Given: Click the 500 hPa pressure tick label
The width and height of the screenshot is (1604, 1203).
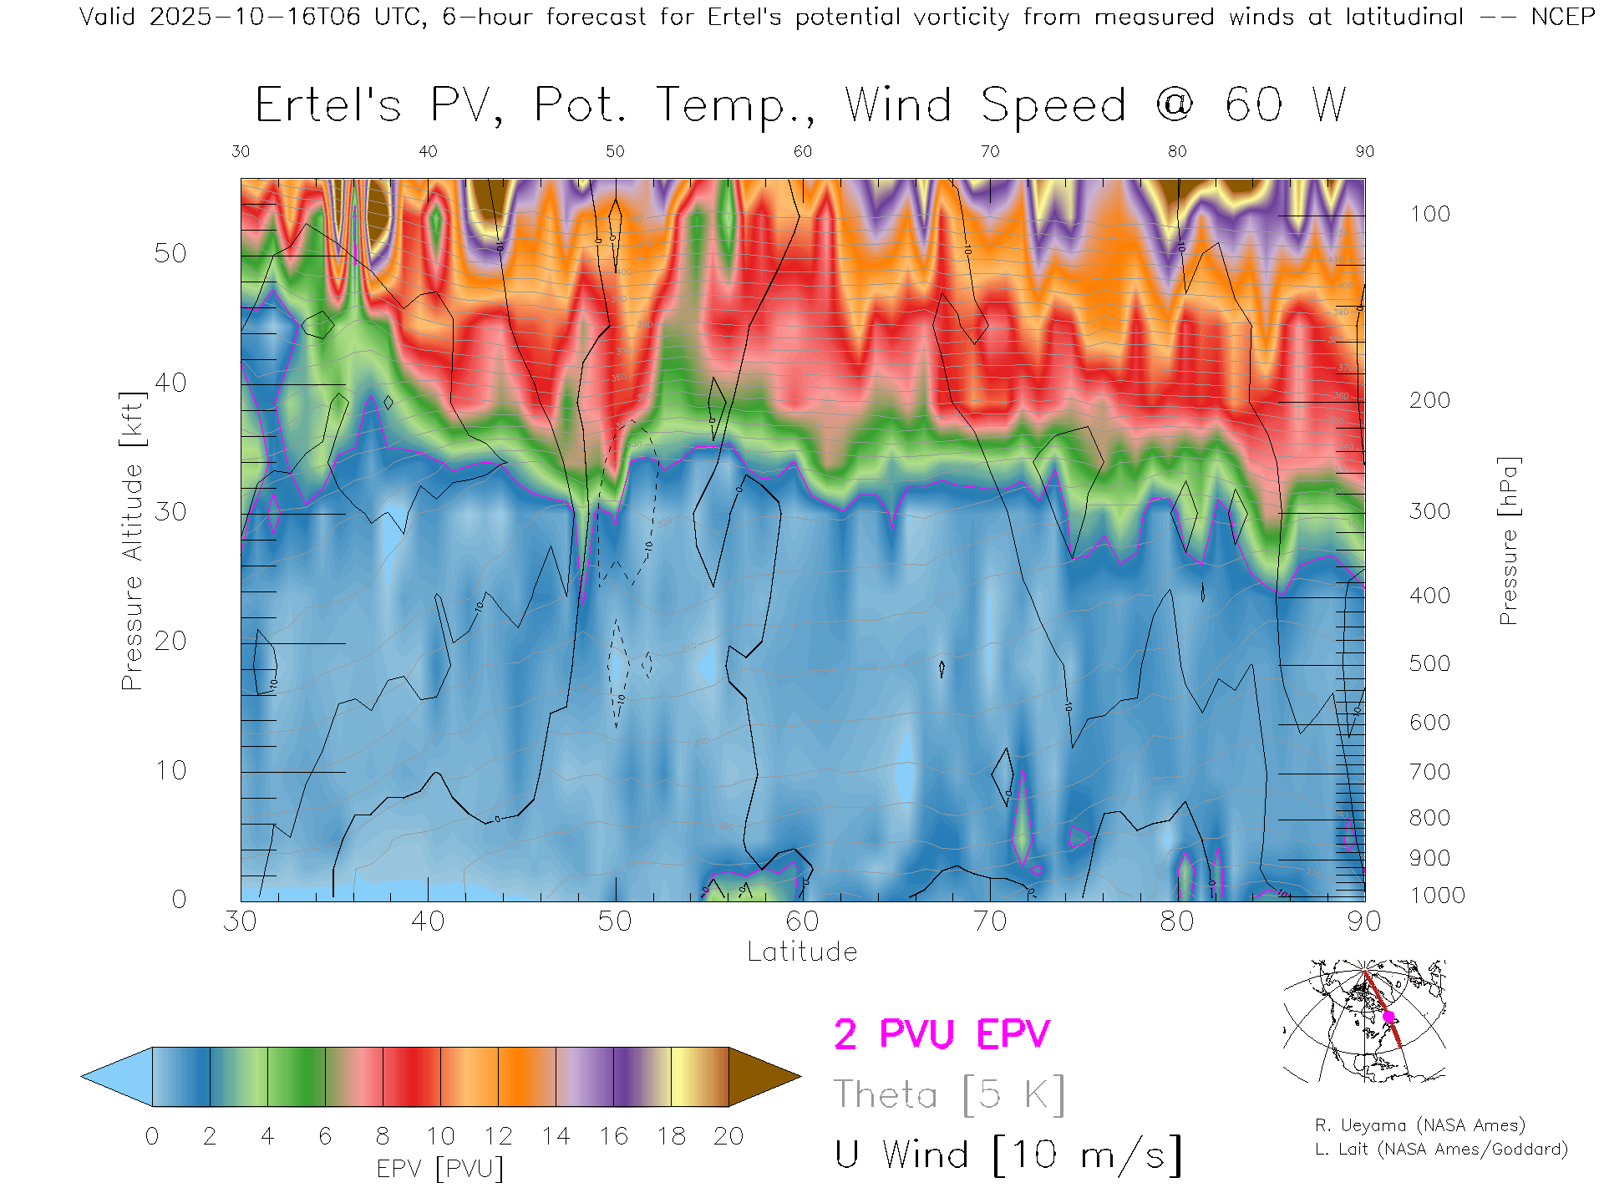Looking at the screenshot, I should [x=1429, y=663].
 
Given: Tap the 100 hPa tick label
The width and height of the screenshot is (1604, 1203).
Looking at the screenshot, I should [x=1429, y=214].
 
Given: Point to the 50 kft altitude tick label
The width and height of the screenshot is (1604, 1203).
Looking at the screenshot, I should [x=170, y=253].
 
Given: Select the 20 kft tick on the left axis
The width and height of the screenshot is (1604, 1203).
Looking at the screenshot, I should [x=170, y=641].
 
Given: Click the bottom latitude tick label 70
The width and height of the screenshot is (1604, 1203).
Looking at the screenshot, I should [x=989, y=921].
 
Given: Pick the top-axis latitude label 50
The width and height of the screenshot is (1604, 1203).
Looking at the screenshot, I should [x=615, y=151].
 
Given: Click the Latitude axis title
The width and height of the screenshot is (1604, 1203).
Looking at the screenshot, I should [x=802, y=952].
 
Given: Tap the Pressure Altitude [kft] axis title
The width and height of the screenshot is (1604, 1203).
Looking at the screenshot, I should [x=132, y=541].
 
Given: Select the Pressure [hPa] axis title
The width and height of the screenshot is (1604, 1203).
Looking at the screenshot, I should [x=1508, y=541].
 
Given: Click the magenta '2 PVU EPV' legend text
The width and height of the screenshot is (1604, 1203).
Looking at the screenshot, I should [x=942, y=1034].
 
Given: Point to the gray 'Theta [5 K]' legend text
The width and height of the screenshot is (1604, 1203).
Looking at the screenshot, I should [x=949, y=1094].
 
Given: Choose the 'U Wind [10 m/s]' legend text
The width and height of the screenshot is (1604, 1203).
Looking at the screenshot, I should [x=1008, y=1155].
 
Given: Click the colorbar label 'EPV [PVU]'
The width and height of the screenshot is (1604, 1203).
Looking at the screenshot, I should [x=440, y=1168].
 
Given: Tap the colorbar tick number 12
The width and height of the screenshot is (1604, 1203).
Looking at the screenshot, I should [x=498, y=1136].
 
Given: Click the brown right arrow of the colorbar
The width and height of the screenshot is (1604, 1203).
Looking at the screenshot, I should [x=762, y=1077].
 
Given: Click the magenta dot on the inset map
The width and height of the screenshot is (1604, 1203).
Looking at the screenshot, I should [x=1388, y=1017].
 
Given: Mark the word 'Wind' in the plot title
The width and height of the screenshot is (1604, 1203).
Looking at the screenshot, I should [x=898, y=105].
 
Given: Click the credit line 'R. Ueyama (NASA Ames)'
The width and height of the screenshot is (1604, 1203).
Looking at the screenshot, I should [x=1420, y=1125].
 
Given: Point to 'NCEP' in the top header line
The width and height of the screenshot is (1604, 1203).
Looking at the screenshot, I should [x=1562, y=17].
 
